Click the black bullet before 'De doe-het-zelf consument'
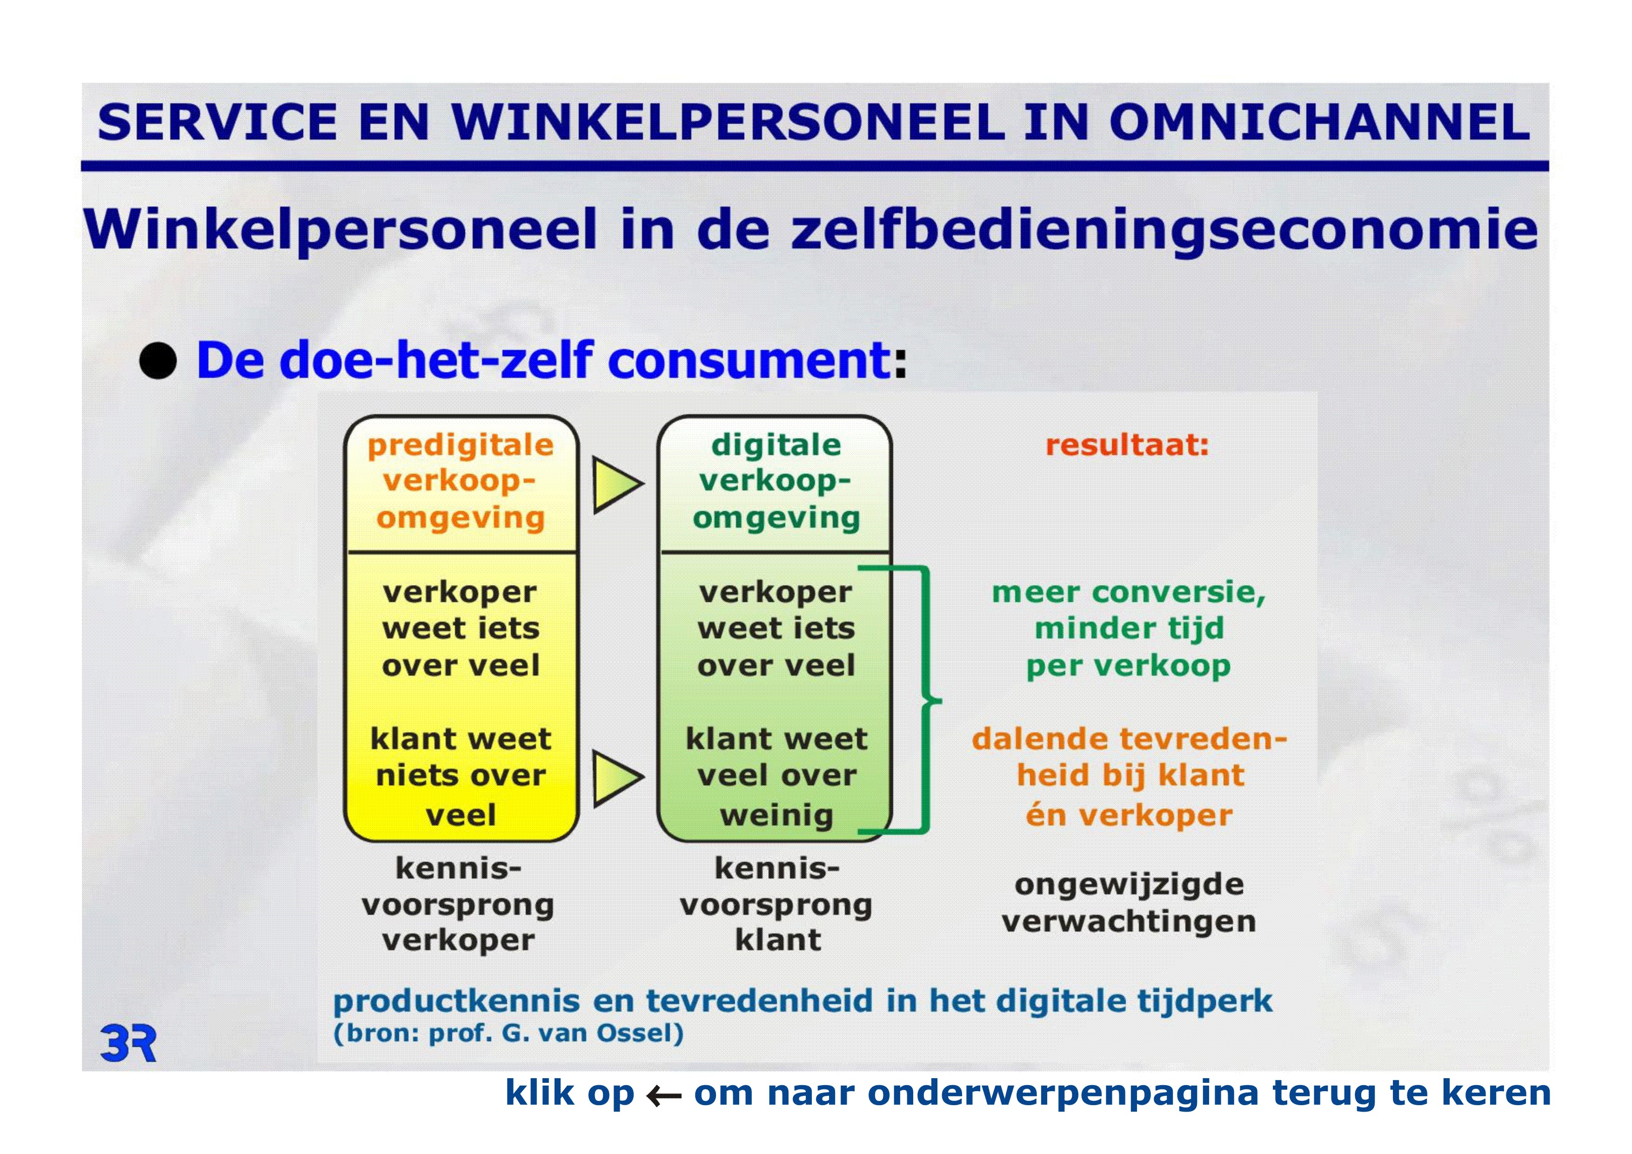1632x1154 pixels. tap(158, 361)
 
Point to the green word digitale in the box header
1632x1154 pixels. tap(776, 445)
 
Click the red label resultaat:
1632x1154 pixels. tap(1127, 445)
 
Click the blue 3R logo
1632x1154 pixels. tap(128, 1043)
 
